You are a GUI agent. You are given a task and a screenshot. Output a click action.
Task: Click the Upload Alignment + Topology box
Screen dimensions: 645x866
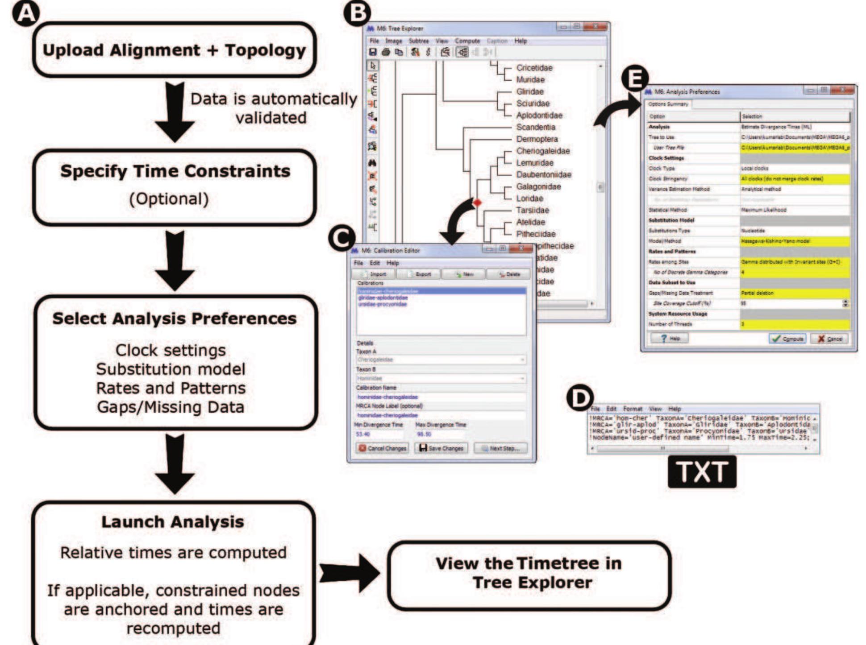[x=174, y=50]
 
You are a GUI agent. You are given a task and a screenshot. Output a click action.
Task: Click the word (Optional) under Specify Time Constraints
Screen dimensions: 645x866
[x=169, y=199]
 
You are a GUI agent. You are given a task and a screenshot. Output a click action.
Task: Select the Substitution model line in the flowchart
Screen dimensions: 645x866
[x=171, y=369]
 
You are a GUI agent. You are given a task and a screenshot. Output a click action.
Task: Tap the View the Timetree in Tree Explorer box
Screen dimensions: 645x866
[x=529, y=573]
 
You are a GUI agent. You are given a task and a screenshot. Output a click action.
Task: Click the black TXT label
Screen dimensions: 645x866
[x=702, y=472]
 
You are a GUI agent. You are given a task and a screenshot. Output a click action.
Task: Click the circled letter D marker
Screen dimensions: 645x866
[x=580, y=398]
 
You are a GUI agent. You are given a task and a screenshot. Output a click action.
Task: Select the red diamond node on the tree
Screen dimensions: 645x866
[x=477, y=203]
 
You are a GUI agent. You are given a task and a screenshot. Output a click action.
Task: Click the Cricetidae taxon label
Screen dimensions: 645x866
[x=534, y=68]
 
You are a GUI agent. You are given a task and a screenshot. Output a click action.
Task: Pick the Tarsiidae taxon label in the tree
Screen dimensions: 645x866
[x=532, y=210]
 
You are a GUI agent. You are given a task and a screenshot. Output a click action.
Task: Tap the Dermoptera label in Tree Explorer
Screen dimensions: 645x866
[x=537, y=139]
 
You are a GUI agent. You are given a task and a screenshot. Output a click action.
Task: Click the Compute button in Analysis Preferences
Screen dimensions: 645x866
[x=787, y=339]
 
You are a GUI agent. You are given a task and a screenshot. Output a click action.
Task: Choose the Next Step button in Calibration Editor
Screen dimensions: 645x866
[x=500, y=448]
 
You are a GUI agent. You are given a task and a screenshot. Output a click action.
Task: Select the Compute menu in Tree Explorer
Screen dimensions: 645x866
[x=467, y=41]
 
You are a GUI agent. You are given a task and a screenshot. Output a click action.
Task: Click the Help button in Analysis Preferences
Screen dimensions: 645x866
[x=669, y=339]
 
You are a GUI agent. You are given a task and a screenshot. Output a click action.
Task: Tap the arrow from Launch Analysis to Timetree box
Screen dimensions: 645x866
[x=349, y=573]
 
